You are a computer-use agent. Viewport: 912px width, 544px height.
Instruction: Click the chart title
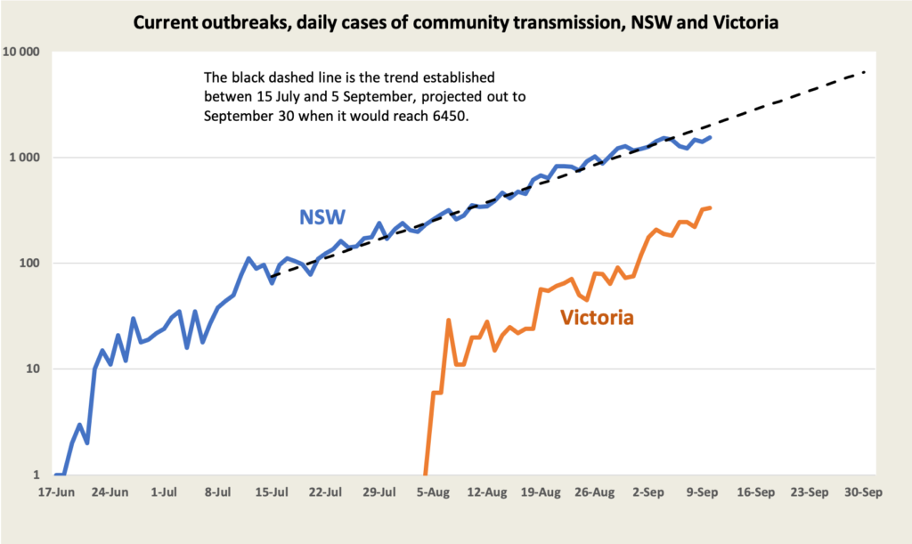pos(456,22)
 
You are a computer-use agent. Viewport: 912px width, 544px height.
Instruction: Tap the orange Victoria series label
pos(597,317)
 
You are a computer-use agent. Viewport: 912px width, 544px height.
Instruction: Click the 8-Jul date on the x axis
pos(221,492)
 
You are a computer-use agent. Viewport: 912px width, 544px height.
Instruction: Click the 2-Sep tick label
pos(648,492)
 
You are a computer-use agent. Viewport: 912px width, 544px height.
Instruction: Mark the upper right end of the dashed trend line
pos(865,72)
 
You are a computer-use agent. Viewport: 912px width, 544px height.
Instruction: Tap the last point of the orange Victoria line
pos(710,207)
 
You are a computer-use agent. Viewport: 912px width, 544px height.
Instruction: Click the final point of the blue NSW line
pos(710,137)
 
